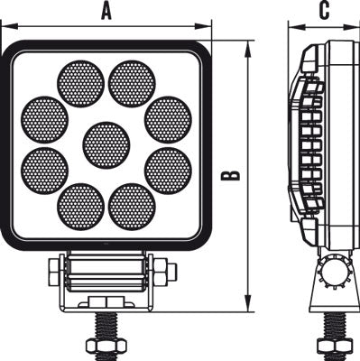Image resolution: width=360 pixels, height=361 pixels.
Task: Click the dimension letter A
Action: (x=106, y=11)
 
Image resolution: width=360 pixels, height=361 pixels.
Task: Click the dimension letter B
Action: (x=232, y=173)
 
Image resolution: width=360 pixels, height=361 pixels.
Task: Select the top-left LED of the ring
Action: (x=80, y=84)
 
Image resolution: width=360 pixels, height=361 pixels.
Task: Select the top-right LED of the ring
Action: (x=132, y=84)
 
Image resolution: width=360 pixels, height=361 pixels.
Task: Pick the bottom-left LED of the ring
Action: (x=80, y=206)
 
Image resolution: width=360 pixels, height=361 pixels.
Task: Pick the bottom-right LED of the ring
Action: (x=132, y=206)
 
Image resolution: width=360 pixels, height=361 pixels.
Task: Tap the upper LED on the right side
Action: (x=167, y=118)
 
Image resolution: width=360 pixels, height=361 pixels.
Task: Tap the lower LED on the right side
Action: (x=167, y=171)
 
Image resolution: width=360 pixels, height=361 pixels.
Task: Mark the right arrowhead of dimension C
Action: (x=355, y=26)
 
